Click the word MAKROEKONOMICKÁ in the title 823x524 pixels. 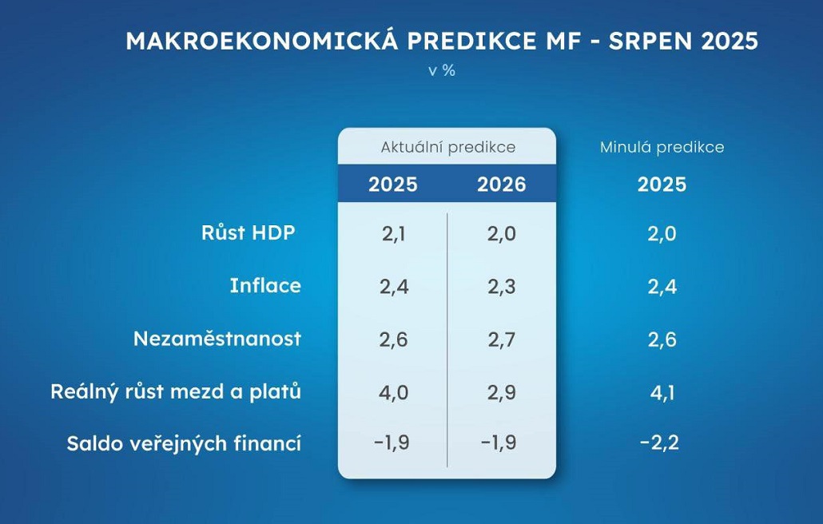[x=262, y=41]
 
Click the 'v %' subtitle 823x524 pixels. [x=442, y=70]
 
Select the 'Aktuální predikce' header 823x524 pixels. [x=447, y=148]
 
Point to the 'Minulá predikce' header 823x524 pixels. [x=662, y=148]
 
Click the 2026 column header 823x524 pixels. [x=501, y=185]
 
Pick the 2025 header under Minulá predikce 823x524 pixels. [x=662, y=185]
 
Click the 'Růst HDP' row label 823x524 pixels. [x=248, y=232]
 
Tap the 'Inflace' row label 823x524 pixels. [x=265, y=286]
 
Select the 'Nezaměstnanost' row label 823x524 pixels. [x=217, y=339]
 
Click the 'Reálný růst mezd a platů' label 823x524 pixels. [x=176, y=392]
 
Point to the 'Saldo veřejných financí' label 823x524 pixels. [x=184, y=444]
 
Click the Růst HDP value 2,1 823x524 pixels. [x=394, y=234]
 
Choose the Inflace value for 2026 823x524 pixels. [x=501, y=287]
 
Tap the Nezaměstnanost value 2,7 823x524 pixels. [x=501, y=340]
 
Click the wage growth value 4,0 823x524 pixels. [x=394, y=393]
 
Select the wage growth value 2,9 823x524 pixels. [x=501, y=393]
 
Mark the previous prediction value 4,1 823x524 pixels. [x=662, y=393]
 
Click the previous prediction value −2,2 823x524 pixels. [x=660, y=443]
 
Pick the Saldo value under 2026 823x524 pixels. [x=499, y=443]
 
